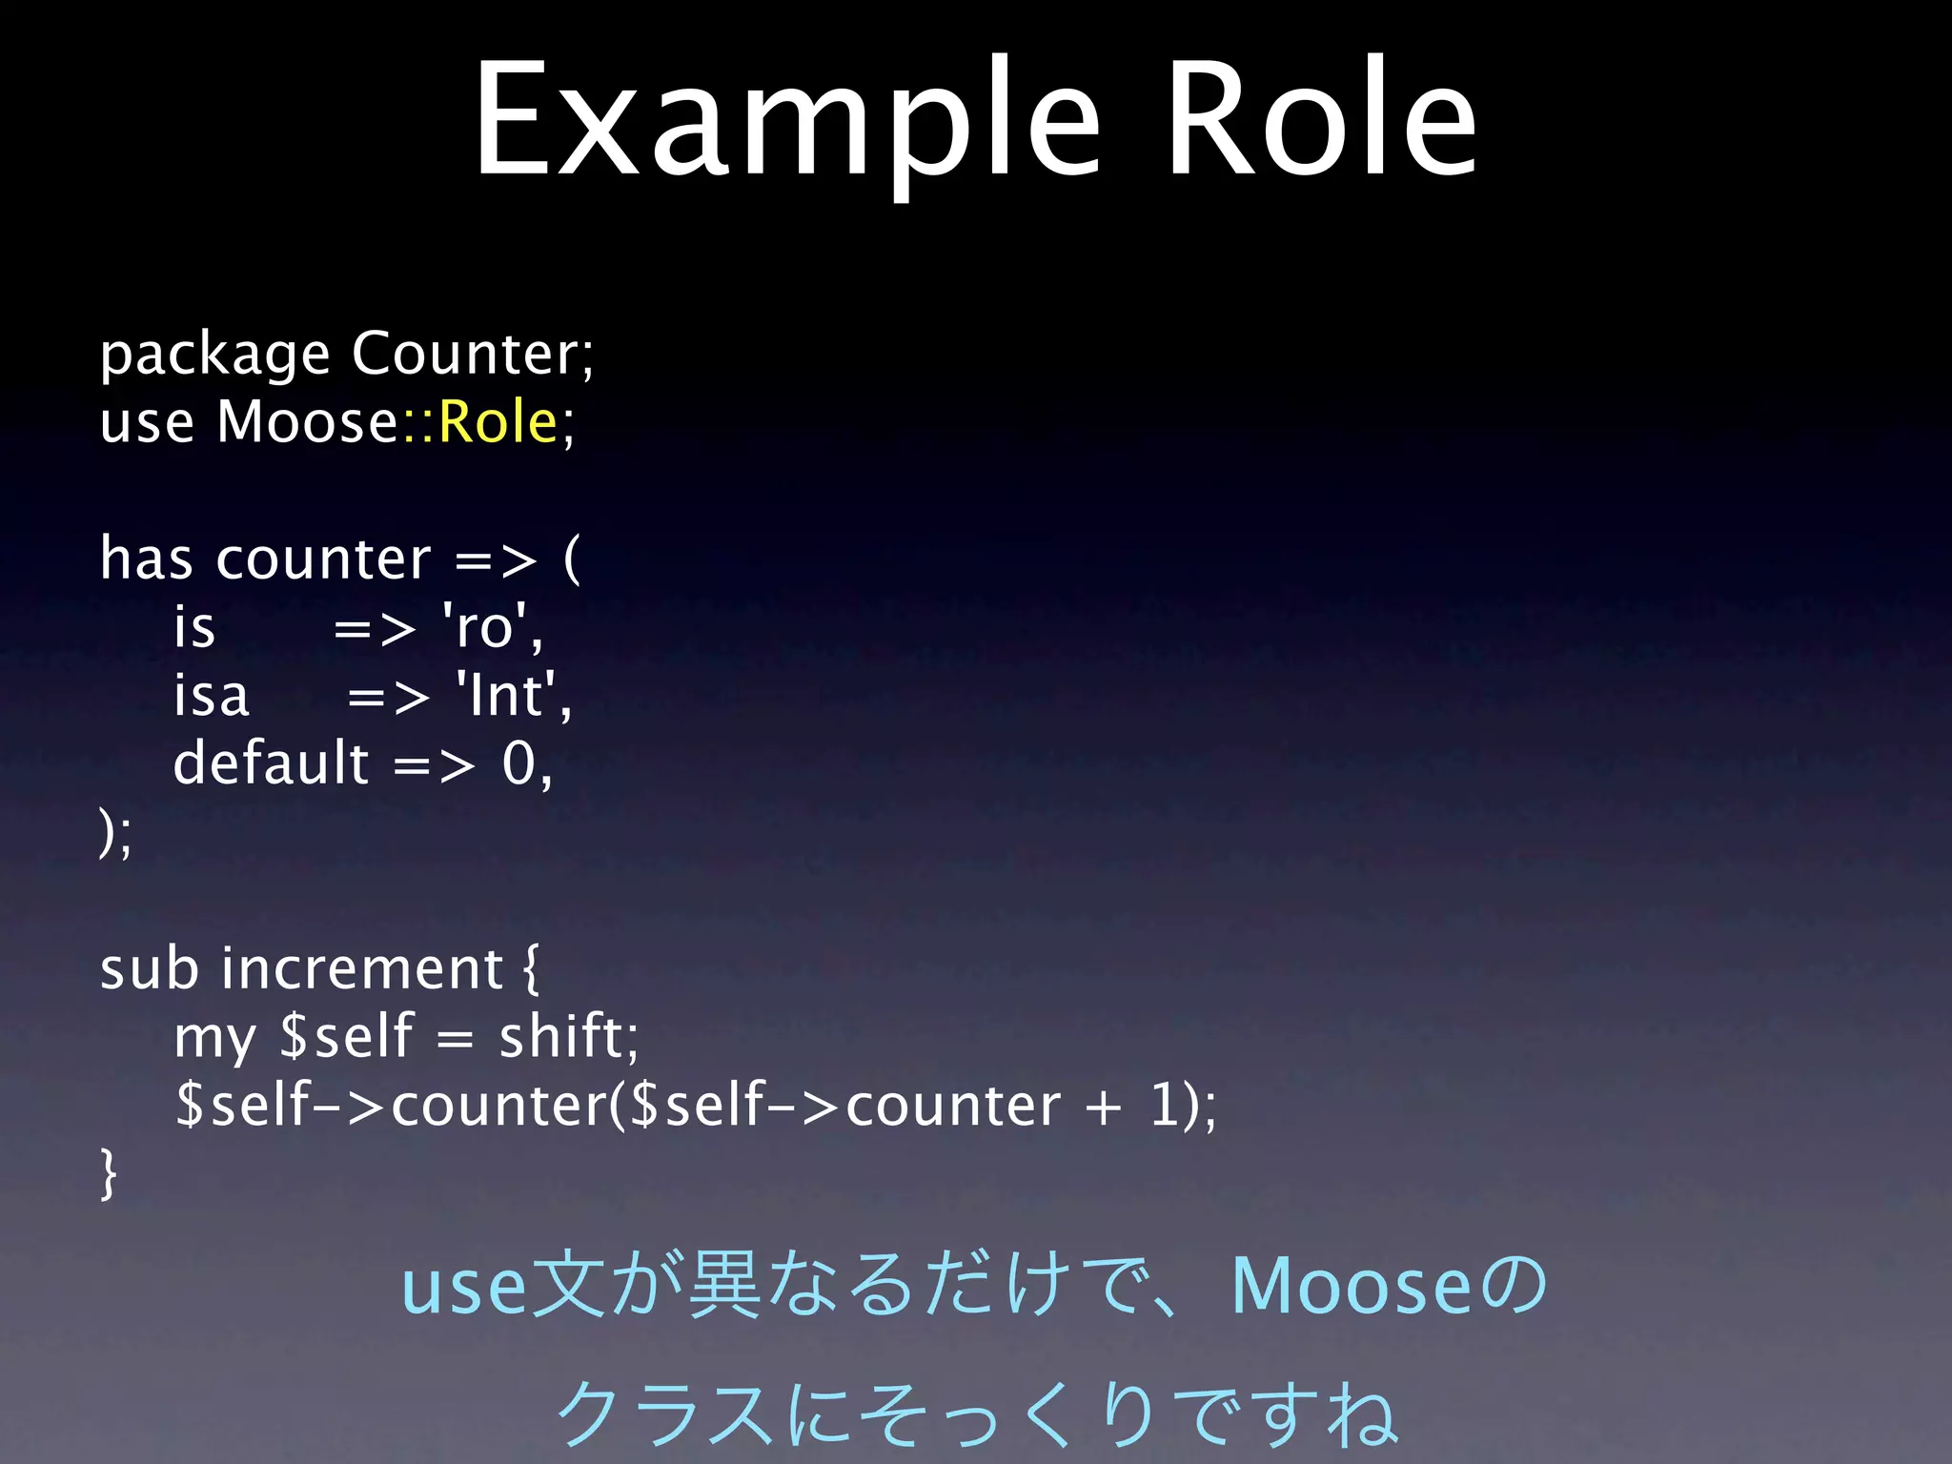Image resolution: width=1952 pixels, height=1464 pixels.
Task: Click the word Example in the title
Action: click(787, 119)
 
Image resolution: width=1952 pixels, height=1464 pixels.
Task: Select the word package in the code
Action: click(214, 356)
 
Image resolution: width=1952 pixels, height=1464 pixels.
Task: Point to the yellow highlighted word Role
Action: click(498, 421)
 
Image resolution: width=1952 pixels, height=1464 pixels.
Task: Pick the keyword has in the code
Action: click(147, 559)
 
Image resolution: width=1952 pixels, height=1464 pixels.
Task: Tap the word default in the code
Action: click(271, 763)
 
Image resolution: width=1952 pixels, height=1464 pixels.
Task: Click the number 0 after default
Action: click(519, 764)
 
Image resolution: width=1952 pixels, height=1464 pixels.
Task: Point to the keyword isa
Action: click(211, 696)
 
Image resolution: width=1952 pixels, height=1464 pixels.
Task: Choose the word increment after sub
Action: click(362, 969)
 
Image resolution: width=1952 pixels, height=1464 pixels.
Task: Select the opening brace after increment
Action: click(531, 969)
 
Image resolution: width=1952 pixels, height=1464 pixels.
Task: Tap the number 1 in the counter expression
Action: click(1165, 1106)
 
